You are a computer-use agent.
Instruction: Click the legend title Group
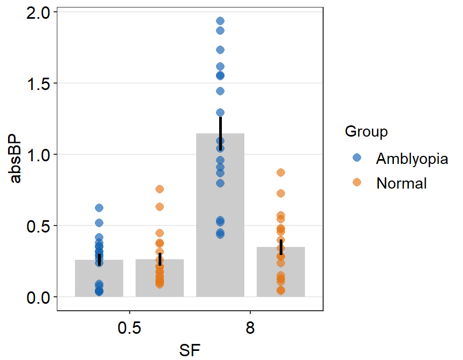(367, 131)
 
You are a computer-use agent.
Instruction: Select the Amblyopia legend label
(412, 159)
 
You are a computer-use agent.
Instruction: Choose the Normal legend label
(401, 183)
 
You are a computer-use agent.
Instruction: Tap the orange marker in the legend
(357, 183)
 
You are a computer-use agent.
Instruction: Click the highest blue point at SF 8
(220, 21)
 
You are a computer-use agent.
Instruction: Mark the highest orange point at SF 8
(281, 172)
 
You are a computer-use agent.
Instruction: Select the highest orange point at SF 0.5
(160, 189)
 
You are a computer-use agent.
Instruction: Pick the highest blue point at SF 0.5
(99, 208)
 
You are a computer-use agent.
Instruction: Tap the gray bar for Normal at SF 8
(281, 273)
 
